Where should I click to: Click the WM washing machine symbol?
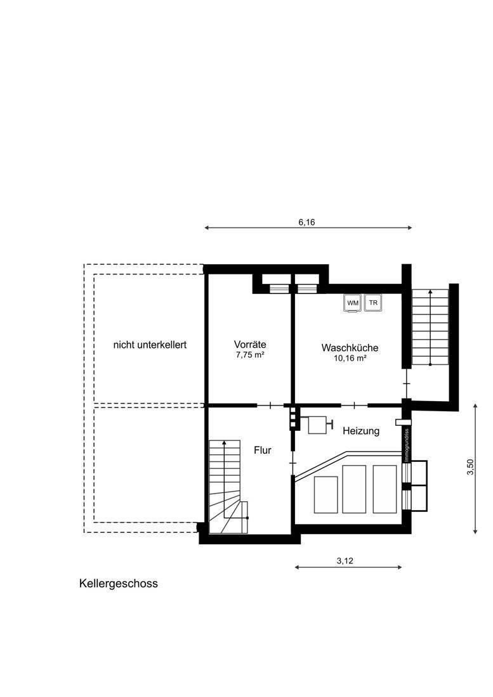[353, 303]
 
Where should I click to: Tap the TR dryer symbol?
[373, 303]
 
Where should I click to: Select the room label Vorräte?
[250, 344]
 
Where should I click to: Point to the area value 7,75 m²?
[250, 355]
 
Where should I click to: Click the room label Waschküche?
[350, 348]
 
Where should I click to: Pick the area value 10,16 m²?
[350, 358]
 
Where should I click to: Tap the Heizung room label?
[361, 431]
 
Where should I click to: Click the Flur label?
[263, 450]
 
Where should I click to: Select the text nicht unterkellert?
[150, 345]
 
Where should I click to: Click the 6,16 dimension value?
[306, 222]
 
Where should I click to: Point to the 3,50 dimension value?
[470, 467]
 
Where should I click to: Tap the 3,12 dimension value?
[345, 561]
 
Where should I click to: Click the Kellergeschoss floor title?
[119, 584]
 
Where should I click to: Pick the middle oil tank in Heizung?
[354, 489]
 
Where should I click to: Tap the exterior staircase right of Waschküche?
[430, 327]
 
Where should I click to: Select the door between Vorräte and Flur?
[270, 405]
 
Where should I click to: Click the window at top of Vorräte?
[279, 288]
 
